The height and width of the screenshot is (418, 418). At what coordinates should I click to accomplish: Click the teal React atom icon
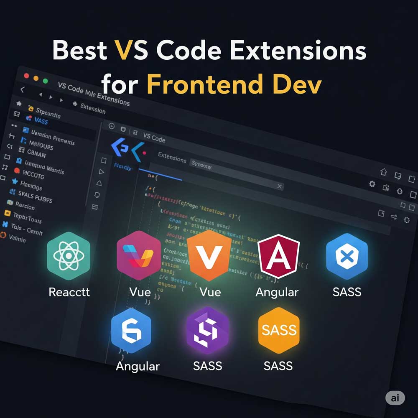point(69,255)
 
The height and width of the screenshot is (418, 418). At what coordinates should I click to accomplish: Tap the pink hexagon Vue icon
point(139,255)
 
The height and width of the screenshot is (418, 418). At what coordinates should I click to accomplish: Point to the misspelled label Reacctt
point(69,291)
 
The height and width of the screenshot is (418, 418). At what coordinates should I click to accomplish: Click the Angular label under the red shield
point(277,292)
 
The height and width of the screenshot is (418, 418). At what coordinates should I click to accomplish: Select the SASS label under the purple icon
point(208,366)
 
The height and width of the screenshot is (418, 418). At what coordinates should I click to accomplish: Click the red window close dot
point(26,76)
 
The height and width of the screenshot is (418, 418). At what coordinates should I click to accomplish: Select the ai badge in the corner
point(395,398)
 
